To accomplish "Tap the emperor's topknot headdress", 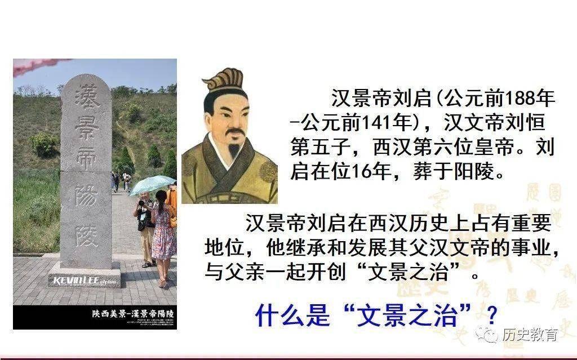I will pos(224,79).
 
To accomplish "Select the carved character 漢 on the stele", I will pos(86,97).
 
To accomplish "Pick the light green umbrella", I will pos(152,184).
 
